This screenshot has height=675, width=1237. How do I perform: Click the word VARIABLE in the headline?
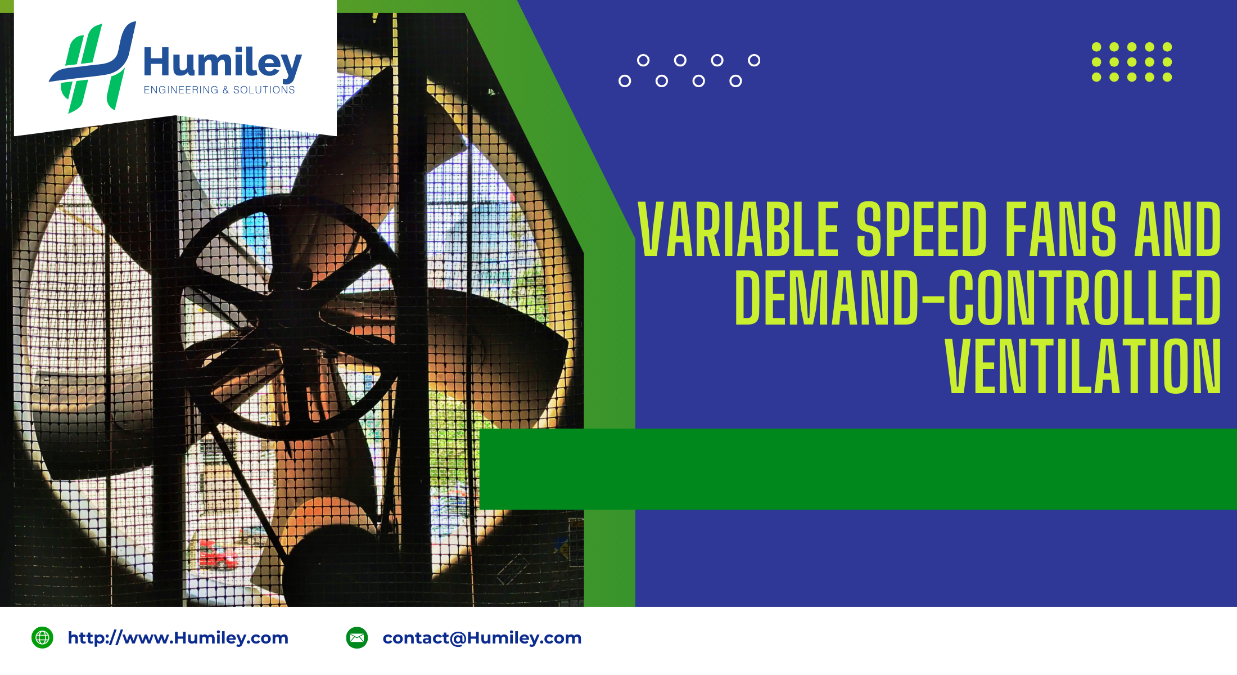click(x=738, y=229)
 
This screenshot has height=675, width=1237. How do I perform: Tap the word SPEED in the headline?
click(x=922, y=229)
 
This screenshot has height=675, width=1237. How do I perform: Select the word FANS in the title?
click(x=1060, y=229)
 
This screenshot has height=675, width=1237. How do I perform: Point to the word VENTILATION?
click(x=1083, y=366)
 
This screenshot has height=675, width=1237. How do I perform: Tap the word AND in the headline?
click(x=1177, y=229)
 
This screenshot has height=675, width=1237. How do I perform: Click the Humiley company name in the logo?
click(x=223, y=63)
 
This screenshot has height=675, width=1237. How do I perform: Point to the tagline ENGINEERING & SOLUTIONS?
click(x=219, y=90)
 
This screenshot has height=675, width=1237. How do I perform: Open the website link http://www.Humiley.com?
click(x=178, y=638)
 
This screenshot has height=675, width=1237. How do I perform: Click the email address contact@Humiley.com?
click(x=482, y=638)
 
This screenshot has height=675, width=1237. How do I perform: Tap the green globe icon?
click(x=42, y=638)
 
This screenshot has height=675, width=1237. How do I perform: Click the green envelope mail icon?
click(x=357, y=638)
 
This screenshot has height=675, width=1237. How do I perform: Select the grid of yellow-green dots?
click(x=1132, y=62)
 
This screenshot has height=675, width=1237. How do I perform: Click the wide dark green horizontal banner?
click(x=858, y=469)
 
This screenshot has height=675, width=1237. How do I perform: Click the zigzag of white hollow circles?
click(x=689, y=71)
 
